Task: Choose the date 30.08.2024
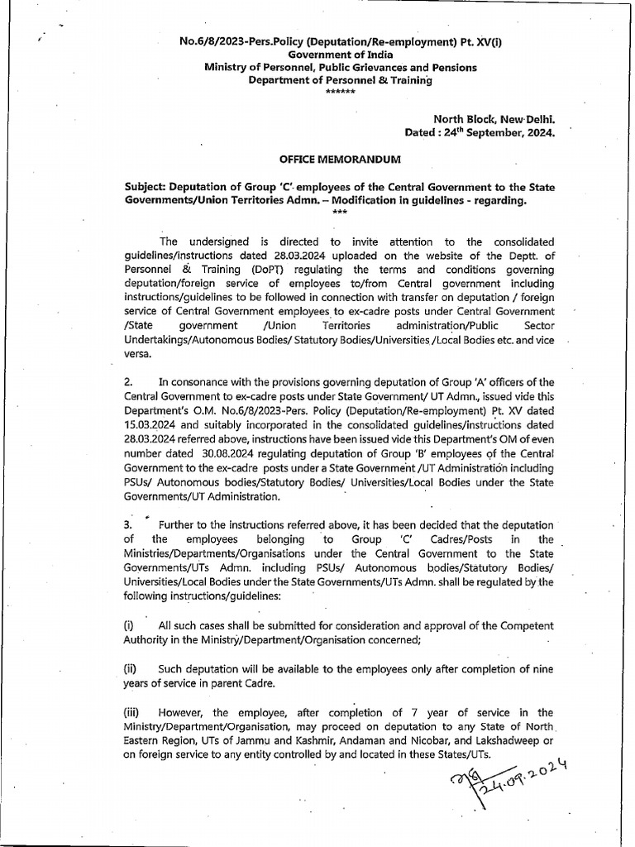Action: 228,453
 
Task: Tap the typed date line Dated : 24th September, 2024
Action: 479,132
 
